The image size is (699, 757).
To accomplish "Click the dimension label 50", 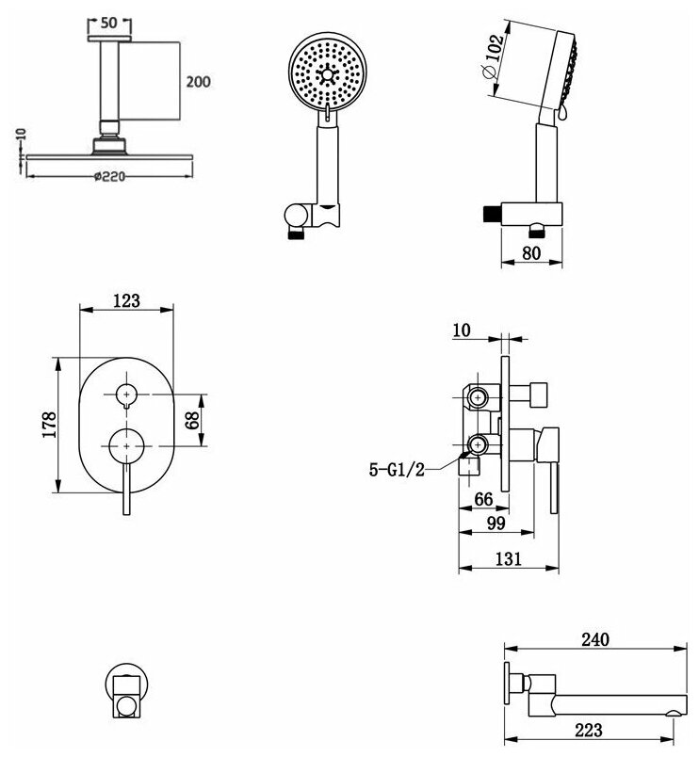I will tap(109, 22).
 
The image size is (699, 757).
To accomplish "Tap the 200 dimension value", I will tap(197, 82).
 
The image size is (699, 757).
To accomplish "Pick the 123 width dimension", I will tap(126, 300).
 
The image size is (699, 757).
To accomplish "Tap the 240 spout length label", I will tap(594, 639).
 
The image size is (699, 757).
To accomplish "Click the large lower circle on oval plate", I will tap(125, 443).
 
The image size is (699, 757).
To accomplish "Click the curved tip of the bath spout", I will tap(675, 708).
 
